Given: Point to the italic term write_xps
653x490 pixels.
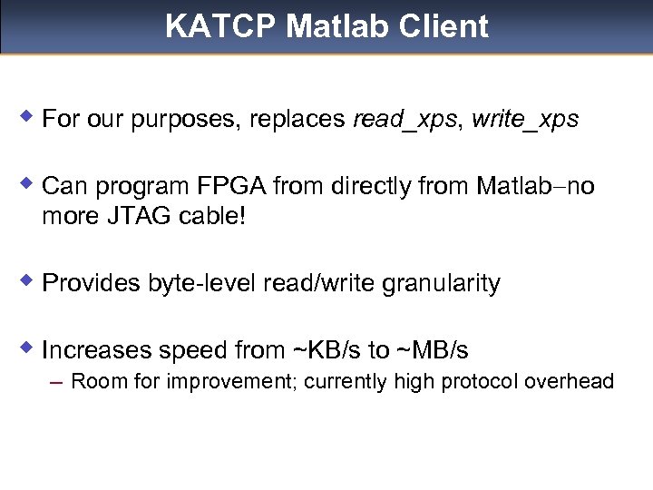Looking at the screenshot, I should pyautogui.click(x=525, y=120).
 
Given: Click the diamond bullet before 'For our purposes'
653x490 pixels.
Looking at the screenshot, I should pyautogui.click(x=28, y=117).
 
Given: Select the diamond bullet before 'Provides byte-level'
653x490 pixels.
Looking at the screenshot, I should pyautogui.click(x=28, y=281).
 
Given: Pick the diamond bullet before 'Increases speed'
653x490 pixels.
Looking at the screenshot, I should pyautogui.click(x=28, y=348).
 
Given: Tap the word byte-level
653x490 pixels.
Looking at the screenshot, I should pyautogui.click(x=203, y=284).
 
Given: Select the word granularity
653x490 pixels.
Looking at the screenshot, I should pyautogui.click(x=441, y=284).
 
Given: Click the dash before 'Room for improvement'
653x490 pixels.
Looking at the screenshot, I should pyautogui.click(x=57, y=382).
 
